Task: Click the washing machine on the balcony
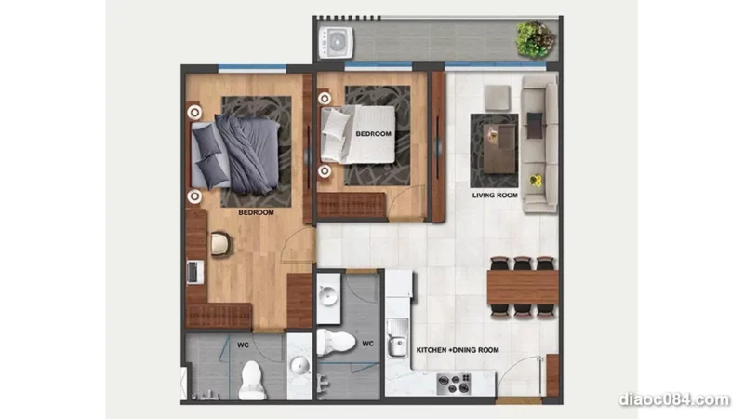pyautogui.click(x=336, y=43)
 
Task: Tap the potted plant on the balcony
pyautogui.click(x=536, y=39)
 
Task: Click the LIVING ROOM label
pyautogui.click(x=495, y=196)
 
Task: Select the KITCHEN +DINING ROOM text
pyautogui.click(x=458, y=350)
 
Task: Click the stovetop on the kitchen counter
pyautogui.click(x=453, y=384)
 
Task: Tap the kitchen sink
pyautogui.click(x=397, y=338)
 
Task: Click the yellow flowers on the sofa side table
pyautogui.click(x=536, y=181)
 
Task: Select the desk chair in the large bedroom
pyautogui.click(x=220, y=244)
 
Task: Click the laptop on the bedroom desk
pyautogui.click(x=194, y=272)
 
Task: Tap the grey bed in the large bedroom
pyautogui.click(x=235, y=154)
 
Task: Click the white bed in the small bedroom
pyautogui.click(x=358, y=134)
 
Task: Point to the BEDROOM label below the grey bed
pyautogui.click(x=257, y=212)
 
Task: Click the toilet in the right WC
pyautogui.click(x=336, y=342)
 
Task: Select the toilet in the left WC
pyautogui.click(x=251, y=380)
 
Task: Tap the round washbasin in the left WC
pyautogui.click(x=300, y=366)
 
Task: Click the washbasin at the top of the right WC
pyautogui.click(x=328, y=297)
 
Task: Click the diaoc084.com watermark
pyautogui.click(x=673, y=399)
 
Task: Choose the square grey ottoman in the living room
pyautogui.click(x=498, y=98)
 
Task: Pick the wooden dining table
pyautogui.click(x=523, y=287)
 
